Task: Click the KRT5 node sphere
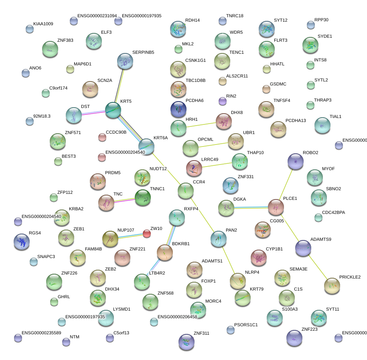pos(113,110)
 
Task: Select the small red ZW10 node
pos(147,234)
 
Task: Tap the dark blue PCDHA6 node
pos(178,108)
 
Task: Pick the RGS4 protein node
pos(22,242)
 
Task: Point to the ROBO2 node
pos(296,161)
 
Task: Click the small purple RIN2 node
pos(223,101)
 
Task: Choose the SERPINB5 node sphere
pos(125,61)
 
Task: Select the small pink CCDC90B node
pos(102,137)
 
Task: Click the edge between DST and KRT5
pos(93,113)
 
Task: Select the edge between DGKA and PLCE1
pos(251,207)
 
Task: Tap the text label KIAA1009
pos(43,24)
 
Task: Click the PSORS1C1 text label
pos(246,325)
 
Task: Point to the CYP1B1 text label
pos(274,249)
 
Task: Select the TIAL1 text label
pos(335,117)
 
